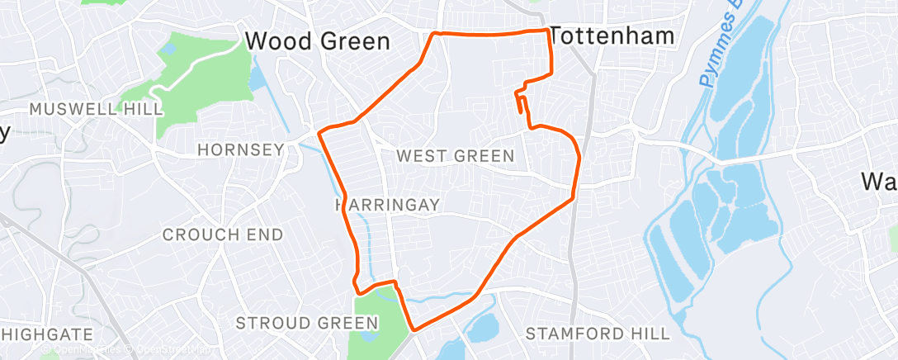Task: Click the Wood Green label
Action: click(x=318, y=40)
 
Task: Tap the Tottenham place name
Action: click(x=612, y=36)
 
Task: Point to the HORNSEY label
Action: click(x=240, y=149)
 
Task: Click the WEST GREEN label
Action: click(x=455, y=155)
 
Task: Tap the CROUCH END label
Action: click(x=222, y=234)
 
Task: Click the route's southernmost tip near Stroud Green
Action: click(x=412, y=331)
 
